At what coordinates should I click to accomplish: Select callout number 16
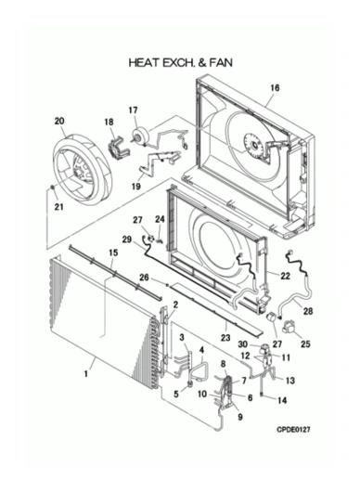point(274,89)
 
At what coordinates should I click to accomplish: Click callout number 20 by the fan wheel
point(60,122)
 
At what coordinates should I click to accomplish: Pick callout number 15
point(113,253)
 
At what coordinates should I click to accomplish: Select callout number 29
point(127,240)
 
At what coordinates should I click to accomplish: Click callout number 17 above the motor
point(133,110)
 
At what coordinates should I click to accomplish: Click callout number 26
point(144,277)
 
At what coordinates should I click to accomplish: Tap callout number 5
point(175,393)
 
